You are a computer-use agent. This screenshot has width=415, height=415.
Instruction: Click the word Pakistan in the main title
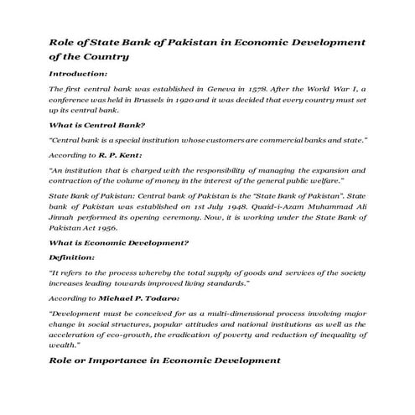pos(196,42)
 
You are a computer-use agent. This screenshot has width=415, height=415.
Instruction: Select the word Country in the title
pos(104,57)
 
